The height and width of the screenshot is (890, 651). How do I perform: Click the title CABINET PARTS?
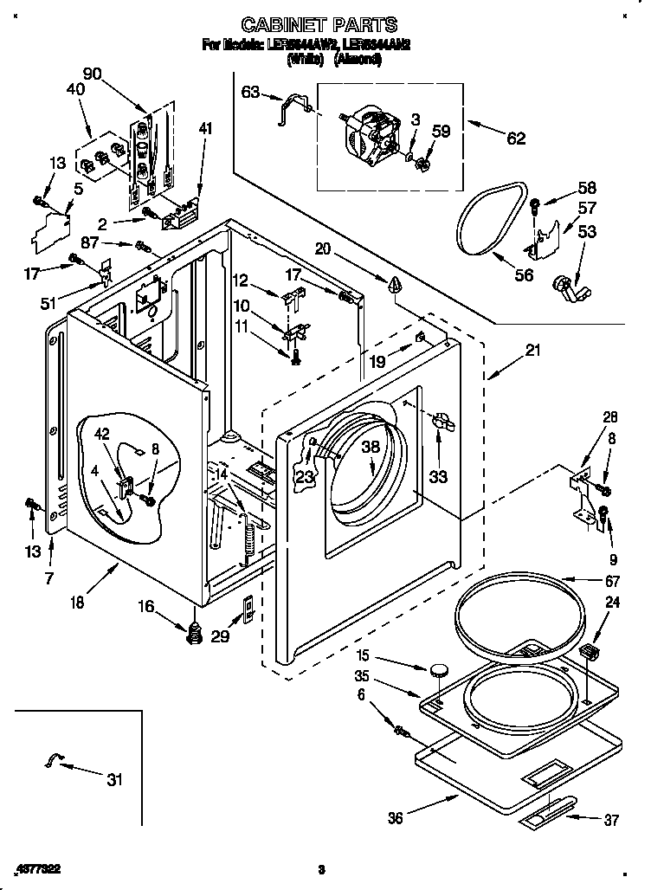(x=319, y=24)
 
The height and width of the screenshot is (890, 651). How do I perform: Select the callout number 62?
(x=515, y=138)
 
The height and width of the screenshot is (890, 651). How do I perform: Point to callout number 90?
(x=92, y=72)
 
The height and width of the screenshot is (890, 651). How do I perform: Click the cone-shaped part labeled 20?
(x=394, y=284)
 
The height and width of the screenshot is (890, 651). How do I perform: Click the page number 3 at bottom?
(x=321, y=869)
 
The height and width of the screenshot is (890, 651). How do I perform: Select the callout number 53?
(x=587, y=231)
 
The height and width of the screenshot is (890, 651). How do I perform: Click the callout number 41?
(x=204, y=130)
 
